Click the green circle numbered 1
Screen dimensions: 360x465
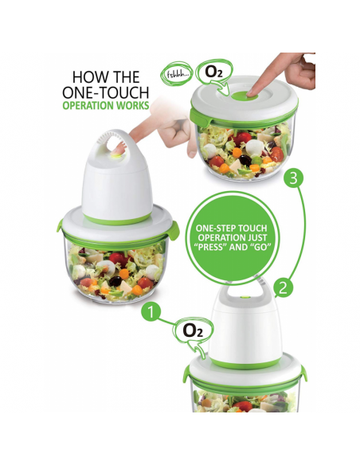[x=151, y=314]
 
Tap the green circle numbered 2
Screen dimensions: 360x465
[x=284, y=287]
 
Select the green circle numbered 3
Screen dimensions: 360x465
[x=293, y=178]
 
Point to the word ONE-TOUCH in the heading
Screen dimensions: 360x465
[x=105, y=93]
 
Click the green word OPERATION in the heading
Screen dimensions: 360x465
[x=88, y=106]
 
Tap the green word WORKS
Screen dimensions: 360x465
[x=132, y=106]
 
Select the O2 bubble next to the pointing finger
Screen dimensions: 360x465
[x=214, y=72]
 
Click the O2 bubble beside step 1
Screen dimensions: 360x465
[x=194, y=331]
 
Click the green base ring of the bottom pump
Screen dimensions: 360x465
[x=245, y=363]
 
